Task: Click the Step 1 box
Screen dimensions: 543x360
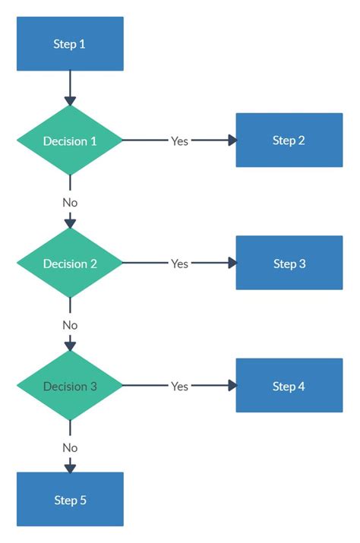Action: pyautogui.click(x=70, y=44)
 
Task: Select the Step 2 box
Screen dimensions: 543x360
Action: pyautogui.click(x=289, y=140)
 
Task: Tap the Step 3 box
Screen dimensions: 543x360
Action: pyautogui.click(x=289, y=264)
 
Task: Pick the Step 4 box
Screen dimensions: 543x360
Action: pyautogui.click(x=289, y=387)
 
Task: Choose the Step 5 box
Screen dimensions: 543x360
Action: pyautogui.click(x=70, y=500)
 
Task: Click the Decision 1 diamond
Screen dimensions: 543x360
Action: pyautogui.click(x=70, y=141)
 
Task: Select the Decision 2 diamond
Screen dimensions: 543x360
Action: pyautogui.click(x=70, y=264)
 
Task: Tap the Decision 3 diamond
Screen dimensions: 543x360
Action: pyautogui.click(x=70, y=387)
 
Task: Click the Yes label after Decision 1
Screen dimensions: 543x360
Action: pyautogui.click(x=179, y=141)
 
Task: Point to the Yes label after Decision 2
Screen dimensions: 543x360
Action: pyautogui.click(x=179, y=264)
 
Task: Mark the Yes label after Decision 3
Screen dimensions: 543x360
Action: pyautogui.click(x=179, y=387)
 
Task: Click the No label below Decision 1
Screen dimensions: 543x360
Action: pyautogui.click(x=70, y=203)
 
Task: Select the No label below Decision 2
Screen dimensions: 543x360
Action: pyautogui.click(x=70, y=325)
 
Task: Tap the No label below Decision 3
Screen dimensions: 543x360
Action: pyautogui.click(x=70, y=448)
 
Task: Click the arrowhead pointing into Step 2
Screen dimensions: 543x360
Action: pyautogui.click(x=232, y=140)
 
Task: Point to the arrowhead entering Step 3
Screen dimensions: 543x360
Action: pyautogui.click(x=232, y=264)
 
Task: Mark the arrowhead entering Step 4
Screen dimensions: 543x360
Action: pyautogui.click(x=232, y=387)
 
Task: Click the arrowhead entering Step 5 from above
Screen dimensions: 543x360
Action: pyautogui.click(x=70, y=467)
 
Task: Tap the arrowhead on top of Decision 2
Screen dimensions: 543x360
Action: pyautogui.click(x=70, y=223)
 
